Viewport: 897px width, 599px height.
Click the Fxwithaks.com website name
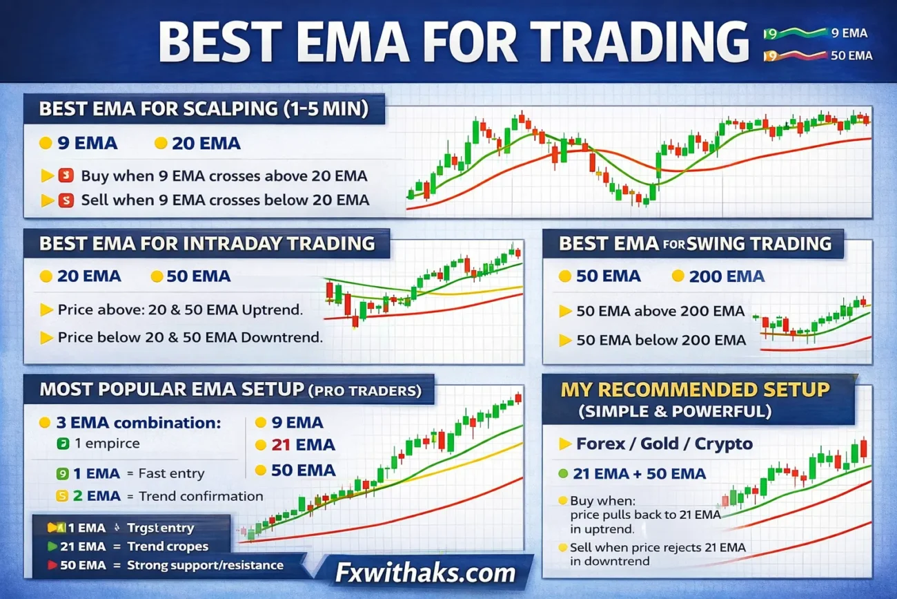(x=425, y=572)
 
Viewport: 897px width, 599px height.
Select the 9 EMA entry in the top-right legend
(x=849, y=32)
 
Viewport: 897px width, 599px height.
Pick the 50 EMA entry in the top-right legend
(x=851, y=56)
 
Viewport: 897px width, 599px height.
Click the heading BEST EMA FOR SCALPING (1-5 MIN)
(x=202, y=109)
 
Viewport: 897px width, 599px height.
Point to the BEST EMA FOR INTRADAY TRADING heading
(x=207, y=243)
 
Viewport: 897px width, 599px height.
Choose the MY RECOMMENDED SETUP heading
(x=695, y=389)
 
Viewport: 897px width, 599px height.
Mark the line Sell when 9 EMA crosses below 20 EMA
(x=225, y=200)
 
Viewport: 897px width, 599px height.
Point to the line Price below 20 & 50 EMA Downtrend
(x=190, y=338)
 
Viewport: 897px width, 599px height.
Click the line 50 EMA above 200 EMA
(x=660, y=312)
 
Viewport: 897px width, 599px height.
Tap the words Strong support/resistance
(x=205, y=565)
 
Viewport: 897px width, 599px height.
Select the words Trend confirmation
(x=201, y=496)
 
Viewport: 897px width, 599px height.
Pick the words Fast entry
(x=171, y=474)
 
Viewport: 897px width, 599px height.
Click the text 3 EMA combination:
(x=139, y=422)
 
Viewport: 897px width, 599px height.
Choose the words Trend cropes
(x=168, y=546)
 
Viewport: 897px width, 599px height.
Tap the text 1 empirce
(x=106, y=444)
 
